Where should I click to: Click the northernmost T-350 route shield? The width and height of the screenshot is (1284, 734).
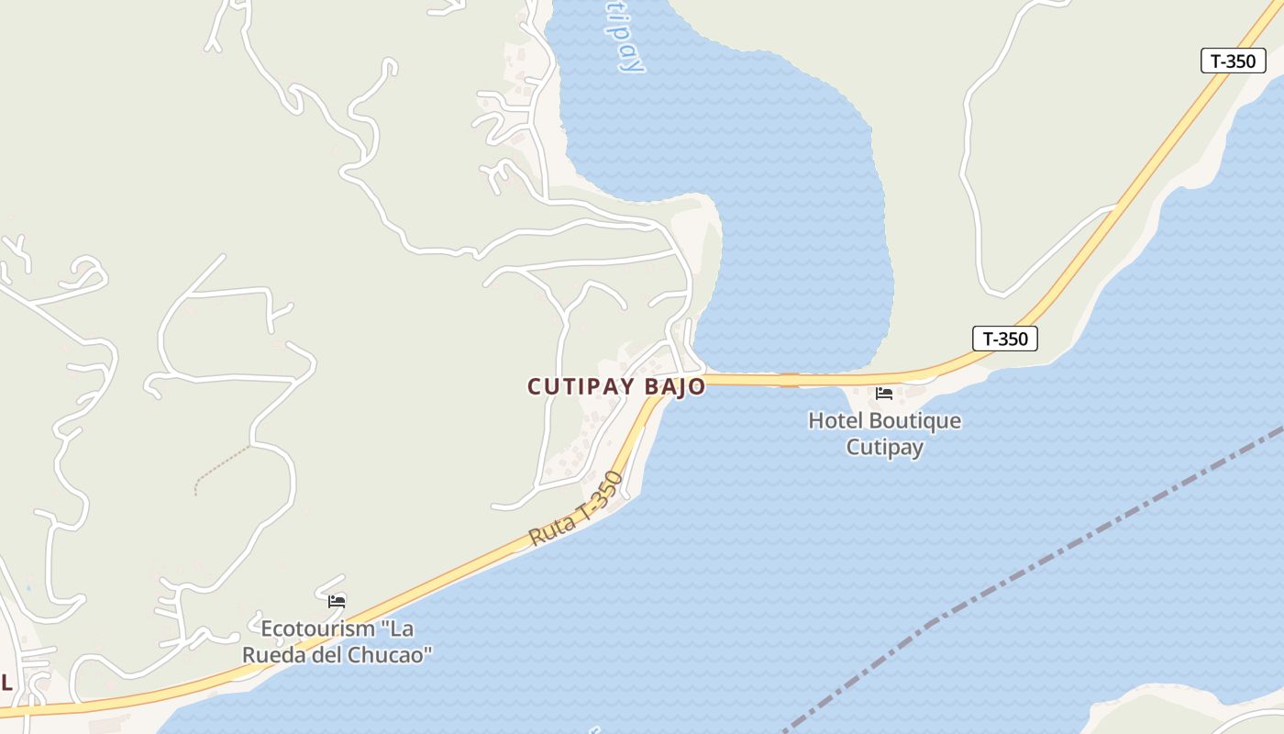1233,61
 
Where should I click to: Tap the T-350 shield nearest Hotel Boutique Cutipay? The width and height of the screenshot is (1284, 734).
1005,339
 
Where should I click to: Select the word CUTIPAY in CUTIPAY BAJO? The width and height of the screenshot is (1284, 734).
581,387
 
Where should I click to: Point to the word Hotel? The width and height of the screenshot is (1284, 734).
836,421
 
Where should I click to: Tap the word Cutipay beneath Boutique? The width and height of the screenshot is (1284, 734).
884,448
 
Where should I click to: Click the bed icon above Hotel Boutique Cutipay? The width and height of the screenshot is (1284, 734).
884,394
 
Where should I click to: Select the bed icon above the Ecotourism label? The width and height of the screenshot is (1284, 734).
337,602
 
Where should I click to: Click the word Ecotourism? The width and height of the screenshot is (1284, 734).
318,629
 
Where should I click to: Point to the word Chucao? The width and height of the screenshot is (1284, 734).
390,655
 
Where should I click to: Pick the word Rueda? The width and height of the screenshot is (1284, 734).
272,655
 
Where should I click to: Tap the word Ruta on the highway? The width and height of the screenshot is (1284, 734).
551,530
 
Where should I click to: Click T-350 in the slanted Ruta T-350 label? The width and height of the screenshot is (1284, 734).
600,496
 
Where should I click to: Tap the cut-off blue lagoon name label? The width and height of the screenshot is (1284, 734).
626,37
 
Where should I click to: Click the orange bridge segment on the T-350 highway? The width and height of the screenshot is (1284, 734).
789,380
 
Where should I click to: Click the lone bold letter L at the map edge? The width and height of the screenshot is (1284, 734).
6,683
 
